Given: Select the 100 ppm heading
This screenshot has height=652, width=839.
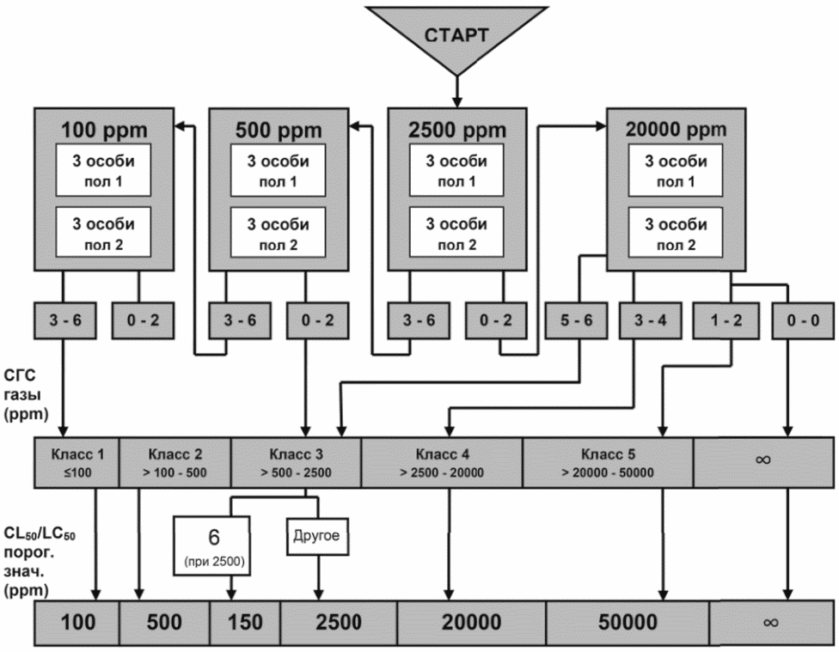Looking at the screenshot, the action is (104, 130).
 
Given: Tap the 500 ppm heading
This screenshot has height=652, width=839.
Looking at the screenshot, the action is (279, 130).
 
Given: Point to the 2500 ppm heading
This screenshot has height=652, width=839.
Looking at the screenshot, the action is (457, 130).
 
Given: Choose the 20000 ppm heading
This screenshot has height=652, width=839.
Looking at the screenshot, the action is (677, 130).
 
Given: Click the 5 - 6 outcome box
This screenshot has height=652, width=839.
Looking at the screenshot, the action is (576, 320).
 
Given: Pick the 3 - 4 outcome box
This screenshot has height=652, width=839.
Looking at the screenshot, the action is (650, 320).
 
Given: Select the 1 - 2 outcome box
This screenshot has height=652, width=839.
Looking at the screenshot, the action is (726, 320).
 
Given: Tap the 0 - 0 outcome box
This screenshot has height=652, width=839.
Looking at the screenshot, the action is (803, 320).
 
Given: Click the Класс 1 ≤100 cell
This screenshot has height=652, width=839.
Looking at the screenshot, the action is (77, 463).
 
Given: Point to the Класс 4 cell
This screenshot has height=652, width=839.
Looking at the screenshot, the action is (442, 463).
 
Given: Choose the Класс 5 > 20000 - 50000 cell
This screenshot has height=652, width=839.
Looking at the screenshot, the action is (608, 463).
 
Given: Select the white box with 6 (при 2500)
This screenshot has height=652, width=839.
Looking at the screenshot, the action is (212, 545).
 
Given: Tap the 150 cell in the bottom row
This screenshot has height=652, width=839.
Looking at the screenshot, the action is (245, 622).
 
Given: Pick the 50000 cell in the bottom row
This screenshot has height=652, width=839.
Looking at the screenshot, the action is (628, 622).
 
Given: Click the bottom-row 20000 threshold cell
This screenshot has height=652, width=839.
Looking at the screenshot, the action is (471, 622).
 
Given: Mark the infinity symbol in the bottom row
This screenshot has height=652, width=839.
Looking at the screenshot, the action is (771, 623).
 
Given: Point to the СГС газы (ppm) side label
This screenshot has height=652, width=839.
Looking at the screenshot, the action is (26, 395).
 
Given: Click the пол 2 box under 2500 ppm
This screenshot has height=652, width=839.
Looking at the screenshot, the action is (456, 233).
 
